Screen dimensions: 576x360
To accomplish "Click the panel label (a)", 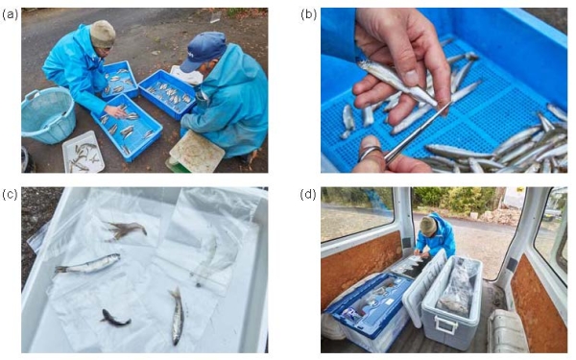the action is (x=10, y=14).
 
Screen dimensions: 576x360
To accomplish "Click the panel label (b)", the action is (x=308, y=14).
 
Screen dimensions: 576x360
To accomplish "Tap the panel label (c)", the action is (x=10, y=194).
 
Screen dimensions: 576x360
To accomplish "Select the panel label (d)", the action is (x=308, y=194).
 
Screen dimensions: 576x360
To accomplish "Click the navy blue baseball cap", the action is (x=204, y=50).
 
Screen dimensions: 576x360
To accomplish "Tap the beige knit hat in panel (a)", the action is (x=103, y=34).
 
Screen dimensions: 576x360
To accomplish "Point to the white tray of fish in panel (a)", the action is (x=84, y=153).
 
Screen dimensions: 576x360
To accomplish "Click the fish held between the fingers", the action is (x=397, y=82).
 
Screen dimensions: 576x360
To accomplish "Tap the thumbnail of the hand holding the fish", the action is (x=412, y=78).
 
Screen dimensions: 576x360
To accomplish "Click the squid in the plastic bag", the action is (x=126, y=230).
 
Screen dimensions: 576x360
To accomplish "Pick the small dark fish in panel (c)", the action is (x=115, y=318).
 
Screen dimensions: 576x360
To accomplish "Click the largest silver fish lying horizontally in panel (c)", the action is (x=87, y=264).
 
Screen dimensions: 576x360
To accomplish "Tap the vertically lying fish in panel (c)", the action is (x=177, y=316).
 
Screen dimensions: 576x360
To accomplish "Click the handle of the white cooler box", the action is (x=445, y=324).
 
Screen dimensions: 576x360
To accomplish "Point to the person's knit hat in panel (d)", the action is (x=428, y=226).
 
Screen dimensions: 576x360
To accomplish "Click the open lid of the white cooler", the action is (x=423, y=286).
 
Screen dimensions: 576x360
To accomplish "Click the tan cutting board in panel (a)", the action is (x=197, y=152).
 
